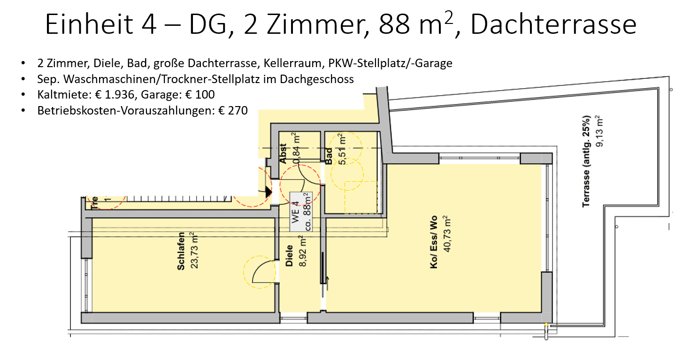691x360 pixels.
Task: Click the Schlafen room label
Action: point(181,251)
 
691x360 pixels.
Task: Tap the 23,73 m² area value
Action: point(194,251)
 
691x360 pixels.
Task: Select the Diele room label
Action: point(290,256)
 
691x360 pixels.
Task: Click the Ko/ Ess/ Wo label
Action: point(434,242)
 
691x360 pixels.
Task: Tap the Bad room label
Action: point(329,156)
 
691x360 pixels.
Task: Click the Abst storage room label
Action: point(283,153)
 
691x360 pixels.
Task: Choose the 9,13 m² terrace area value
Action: point(599,132)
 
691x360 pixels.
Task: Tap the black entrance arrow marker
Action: point(268,191)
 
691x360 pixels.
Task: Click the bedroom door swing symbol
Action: point(259,272)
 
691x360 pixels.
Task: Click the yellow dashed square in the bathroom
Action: point(361,198)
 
